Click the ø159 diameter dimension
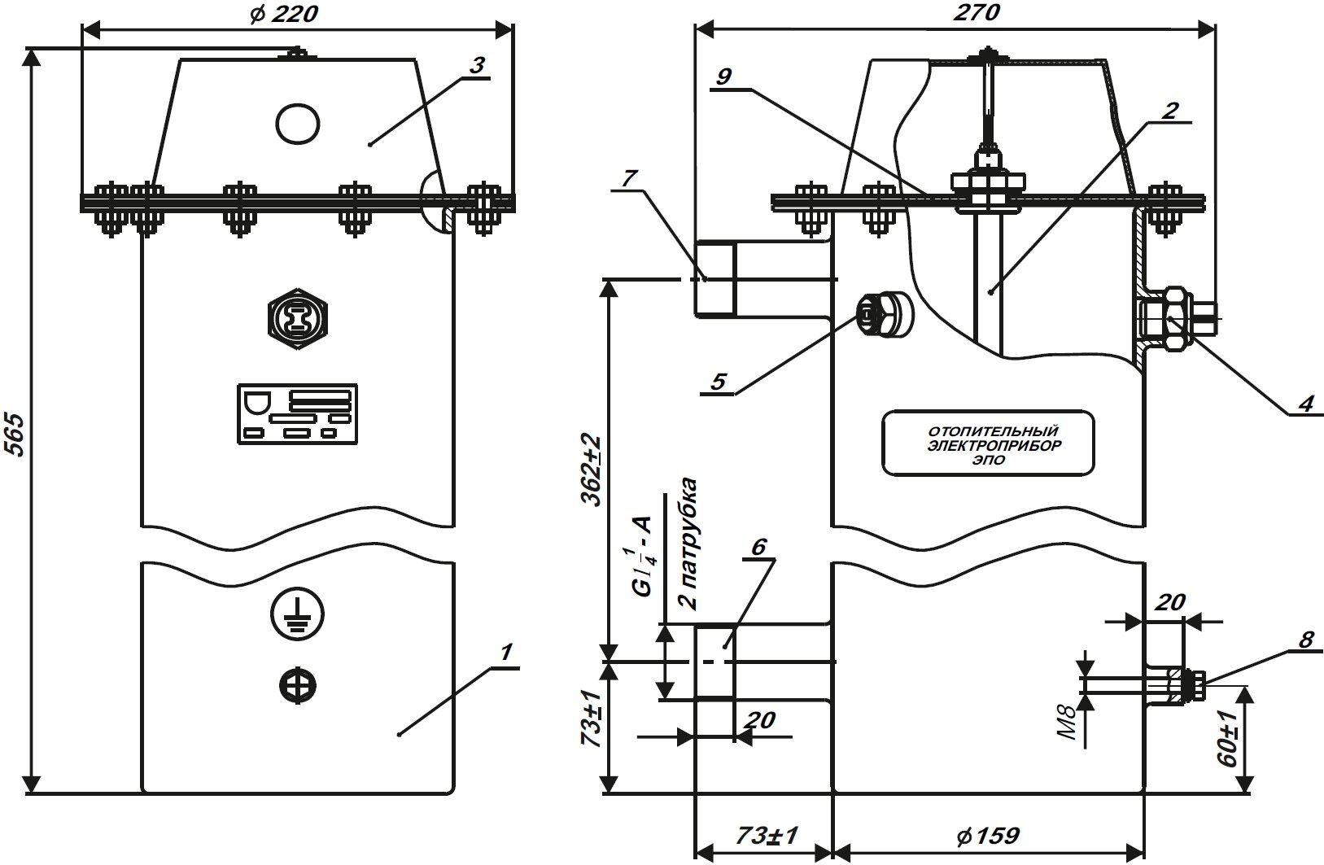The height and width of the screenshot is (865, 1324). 988,836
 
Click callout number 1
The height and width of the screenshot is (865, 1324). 505,653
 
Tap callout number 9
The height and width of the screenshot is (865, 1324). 725,76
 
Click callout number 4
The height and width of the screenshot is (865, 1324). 1304,403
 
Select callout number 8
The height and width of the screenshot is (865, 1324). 1305,640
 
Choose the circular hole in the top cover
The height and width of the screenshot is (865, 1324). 298,124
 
